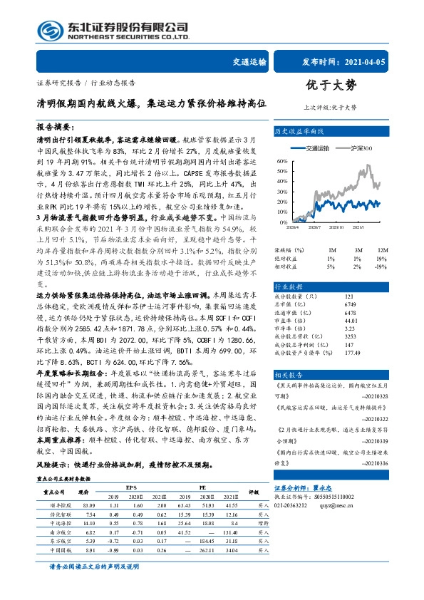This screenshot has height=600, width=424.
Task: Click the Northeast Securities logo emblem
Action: [x=48, y=31]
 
